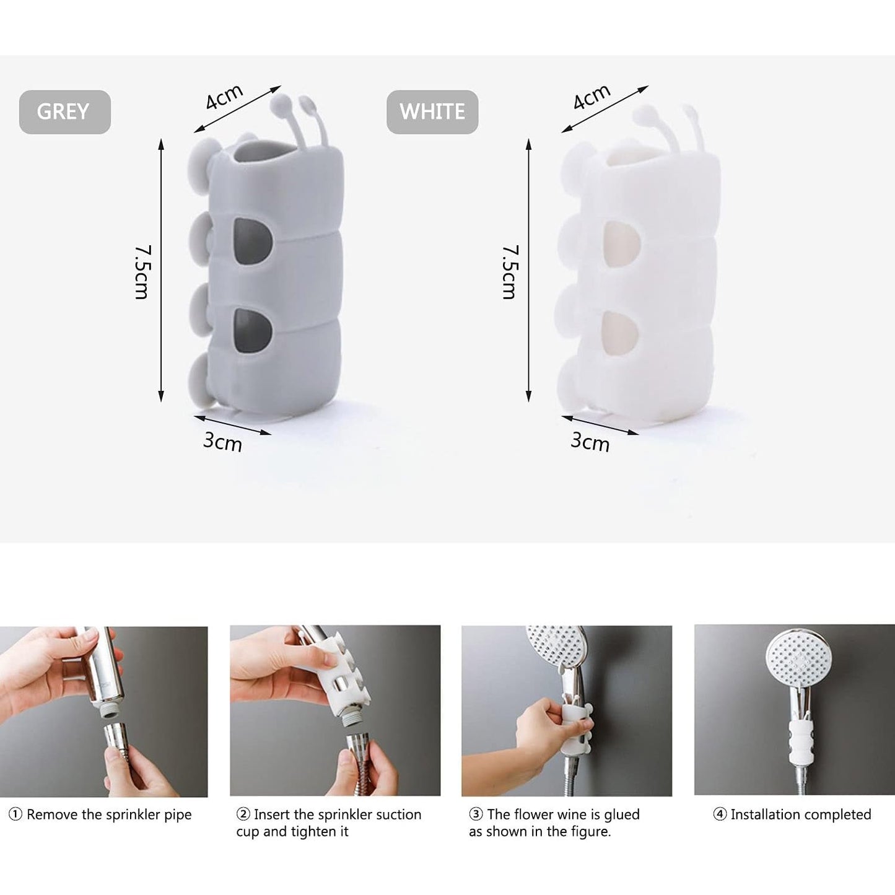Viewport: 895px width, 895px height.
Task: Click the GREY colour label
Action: [64, 112]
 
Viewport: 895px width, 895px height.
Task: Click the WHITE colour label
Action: [432, 112]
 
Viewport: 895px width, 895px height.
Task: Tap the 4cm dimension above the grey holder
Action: [224, 97]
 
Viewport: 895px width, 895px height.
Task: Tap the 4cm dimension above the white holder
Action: [592, 97]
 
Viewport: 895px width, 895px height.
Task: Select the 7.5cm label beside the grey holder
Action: [142, 272]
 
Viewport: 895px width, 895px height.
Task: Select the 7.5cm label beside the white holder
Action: [510, 272]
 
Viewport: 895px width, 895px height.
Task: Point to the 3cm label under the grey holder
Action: [223, 442]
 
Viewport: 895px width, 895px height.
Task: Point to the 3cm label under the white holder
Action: [590, 442]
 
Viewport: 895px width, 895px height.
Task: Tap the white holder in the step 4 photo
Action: [800, 743]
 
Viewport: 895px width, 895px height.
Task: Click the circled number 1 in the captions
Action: [15, 814]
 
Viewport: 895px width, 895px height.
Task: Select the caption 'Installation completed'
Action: [801, 814]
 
